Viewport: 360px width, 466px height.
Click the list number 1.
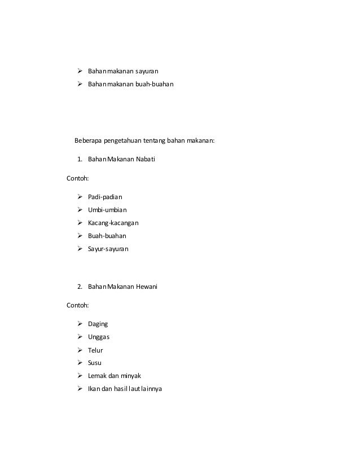click(x=80, y=160)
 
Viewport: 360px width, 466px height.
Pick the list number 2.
click(x=80, y=287)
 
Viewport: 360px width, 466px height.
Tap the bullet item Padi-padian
click(x=105, y=197)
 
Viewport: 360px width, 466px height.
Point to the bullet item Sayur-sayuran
click(x=108, y=248)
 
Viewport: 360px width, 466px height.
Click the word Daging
click(x=98, y=324)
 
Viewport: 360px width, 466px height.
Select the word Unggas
click(x=99, y=337)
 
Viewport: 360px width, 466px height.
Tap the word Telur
click(x=96, y=350)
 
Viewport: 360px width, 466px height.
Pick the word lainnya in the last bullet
click(x=148, y=388)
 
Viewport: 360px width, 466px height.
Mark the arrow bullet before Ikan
click(x=80, y=388)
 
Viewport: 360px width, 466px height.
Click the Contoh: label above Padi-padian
click(x=77, y=179)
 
